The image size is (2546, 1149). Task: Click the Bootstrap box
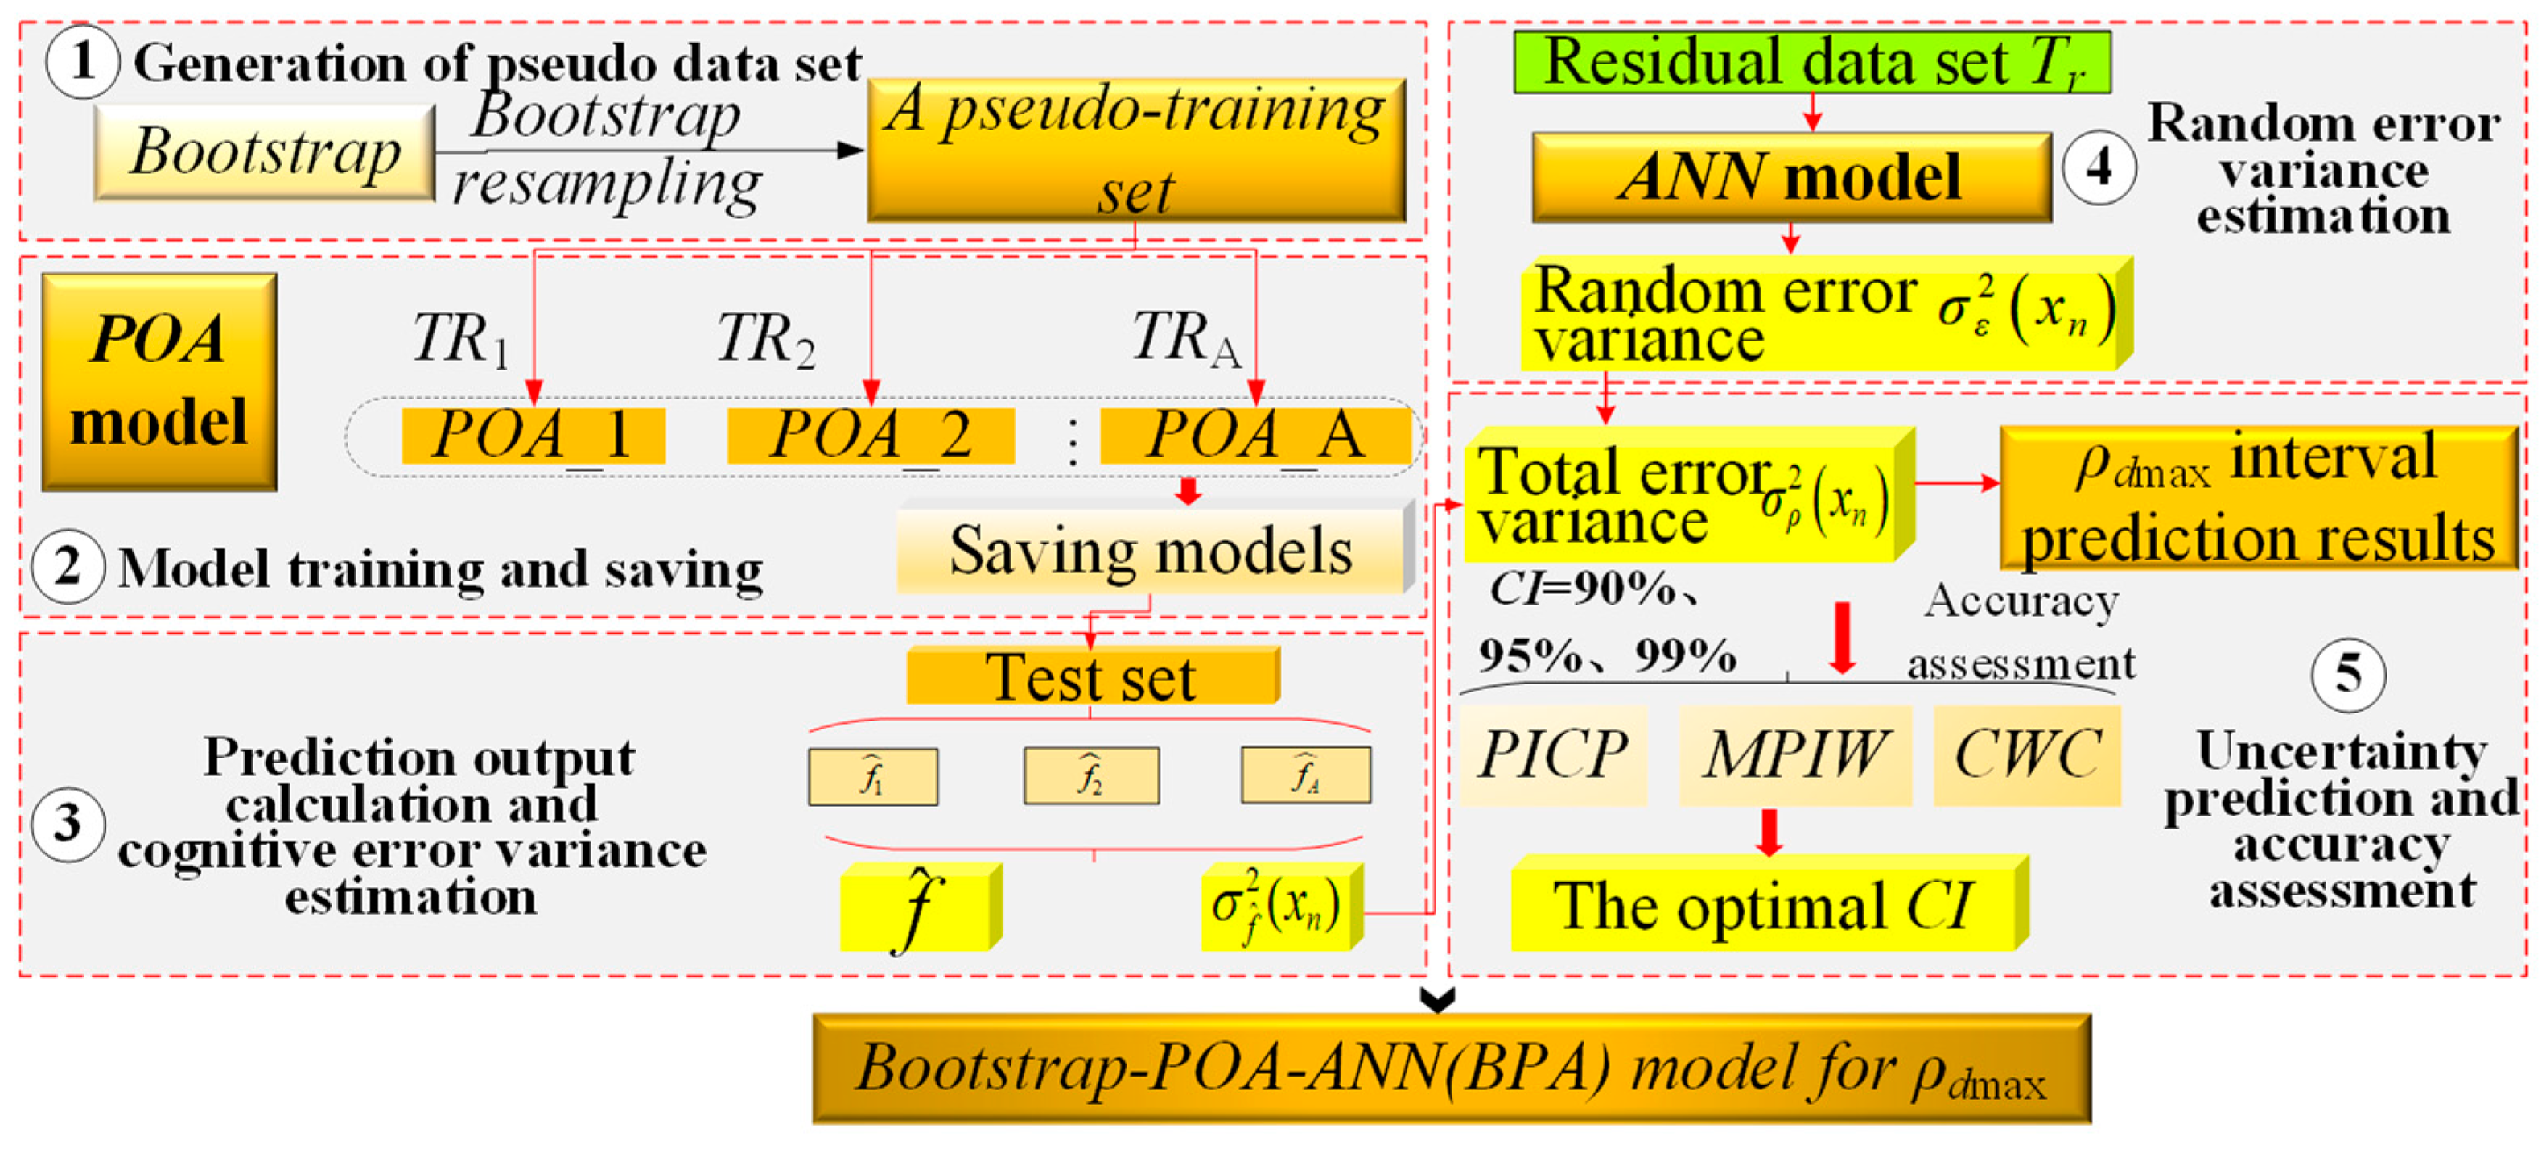pyautogui.click(x=265, y=152)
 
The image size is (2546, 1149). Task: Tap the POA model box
pyautogui.click(x=159, y=382)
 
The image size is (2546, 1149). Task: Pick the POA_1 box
pyautogui.click(x=534, y=435)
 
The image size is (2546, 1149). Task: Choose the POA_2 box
pyautogui.click(x=871, y=435)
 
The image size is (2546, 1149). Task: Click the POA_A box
pyautogui.click(x=1255, y=435)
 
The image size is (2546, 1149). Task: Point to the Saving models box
pyautogui.click(x=1152, y=550)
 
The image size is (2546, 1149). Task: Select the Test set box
pyautogui.click(x=1092, y=677)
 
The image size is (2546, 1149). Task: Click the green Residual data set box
pyautogui.click(x=1811, y=62)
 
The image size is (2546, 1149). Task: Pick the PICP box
pyautogui.click(x=1554, y=755)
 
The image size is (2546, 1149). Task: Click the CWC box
pyautogui.click(x=2027, y=755)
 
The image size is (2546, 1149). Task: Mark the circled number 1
pyautogui.click(x=83, y=61)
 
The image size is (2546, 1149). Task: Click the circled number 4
pyautogui.click(x=2099, y=168)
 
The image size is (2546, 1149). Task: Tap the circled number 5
pyautogui.click(x=2348, y=676)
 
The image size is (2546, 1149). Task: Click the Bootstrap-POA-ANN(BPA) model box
pyautogui.click(x=1451, y=1069)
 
